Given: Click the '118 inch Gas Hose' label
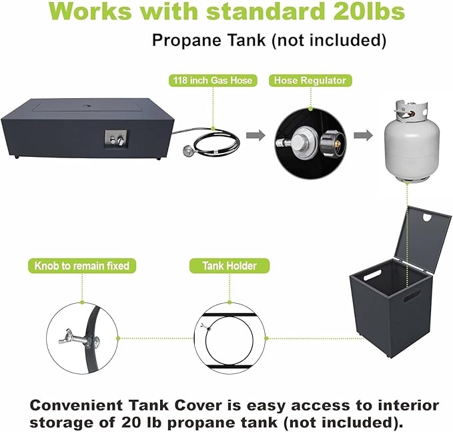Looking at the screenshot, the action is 213,80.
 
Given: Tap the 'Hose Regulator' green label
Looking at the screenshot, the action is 310,80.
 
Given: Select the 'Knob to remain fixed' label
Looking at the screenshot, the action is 82,266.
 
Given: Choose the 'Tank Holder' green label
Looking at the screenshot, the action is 230,266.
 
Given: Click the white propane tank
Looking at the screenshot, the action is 412,142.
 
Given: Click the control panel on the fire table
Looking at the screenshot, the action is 115,140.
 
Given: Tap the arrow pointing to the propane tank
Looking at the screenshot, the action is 363,135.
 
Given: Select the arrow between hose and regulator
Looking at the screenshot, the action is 256,135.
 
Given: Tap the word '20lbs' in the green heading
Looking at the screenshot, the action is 369,11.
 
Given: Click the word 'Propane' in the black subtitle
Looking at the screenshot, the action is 187,40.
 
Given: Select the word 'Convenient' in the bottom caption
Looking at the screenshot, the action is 76,405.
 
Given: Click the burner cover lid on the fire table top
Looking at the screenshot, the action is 87,106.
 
